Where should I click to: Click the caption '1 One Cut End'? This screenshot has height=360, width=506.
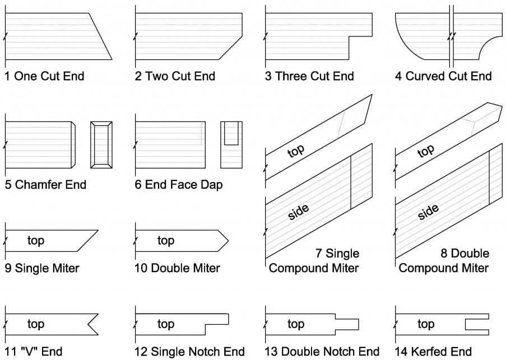pos(44,76)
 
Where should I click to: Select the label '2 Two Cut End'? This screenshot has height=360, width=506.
pos(175,76)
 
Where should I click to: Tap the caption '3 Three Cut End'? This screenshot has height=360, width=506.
pos(309,76)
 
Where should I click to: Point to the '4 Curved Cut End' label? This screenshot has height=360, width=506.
pos(443,76)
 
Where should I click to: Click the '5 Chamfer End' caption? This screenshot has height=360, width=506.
pos(45,184)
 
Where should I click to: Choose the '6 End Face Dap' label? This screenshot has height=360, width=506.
pos(178,184)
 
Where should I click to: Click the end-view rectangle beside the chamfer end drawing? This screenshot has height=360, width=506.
pos(101,144)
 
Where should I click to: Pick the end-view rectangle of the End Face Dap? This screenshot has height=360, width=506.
pos(231,144)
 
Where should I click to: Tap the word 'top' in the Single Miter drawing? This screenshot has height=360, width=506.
pos(36,241)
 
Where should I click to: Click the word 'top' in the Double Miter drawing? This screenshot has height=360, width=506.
pos(166,241)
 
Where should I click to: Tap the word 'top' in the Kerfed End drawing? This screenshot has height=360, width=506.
pos(426,324)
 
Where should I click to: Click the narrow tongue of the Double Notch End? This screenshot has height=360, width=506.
pos(347,324)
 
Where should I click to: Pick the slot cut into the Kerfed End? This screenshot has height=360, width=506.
pos(476,324)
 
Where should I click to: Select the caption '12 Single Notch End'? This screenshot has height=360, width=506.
pos(189,352)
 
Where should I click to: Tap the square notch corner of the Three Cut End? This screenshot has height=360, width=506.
pos(349,38)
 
